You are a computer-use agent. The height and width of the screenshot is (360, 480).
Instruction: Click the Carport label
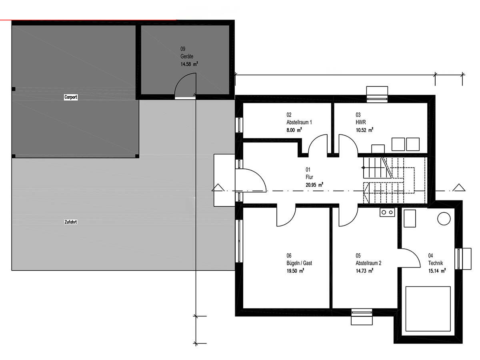tap(71, 97)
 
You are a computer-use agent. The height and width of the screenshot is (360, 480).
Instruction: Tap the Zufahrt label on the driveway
tap(71, 222)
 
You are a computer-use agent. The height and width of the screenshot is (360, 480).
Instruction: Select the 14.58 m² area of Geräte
tap(189, 64)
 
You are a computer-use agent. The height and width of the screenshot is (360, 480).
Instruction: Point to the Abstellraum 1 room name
tap(299, 122)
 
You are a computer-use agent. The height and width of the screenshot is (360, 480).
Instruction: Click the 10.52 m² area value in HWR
tap(364, 130)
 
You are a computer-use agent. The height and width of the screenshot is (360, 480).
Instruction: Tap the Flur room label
tap(309, 177)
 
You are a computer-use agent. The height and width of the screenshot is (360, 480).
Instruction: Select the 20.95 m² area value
tap(314, 185)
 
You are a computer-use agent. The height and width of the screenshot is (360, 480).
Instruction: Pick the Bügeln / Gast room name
tap(299, 263)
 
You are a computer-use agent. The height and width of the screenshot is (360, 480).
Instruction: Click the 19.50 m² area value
tap(295, 271)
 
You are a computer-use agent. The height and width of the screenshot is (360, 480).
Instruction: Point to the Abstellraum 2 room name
tap(368, 263)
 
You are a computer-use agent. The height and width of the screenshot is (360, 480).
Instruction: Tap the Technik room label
tap(435, 263)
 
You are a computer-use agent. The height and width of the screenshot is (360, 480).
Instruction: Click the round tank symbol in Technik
tap(444, 218)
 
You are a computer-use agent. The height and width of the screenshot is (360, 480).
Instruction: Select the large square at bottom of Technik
tap(428, 309)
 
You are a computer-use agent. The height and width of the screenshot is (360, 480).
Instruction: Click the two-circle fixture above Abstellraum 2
tap(387, 212)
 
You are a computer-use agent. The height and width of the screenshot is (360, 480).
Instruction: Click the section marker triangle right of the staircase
tap(459, 188)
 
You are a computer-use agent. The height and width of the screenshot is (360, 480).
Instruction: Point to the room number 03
tap(358, 115)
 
